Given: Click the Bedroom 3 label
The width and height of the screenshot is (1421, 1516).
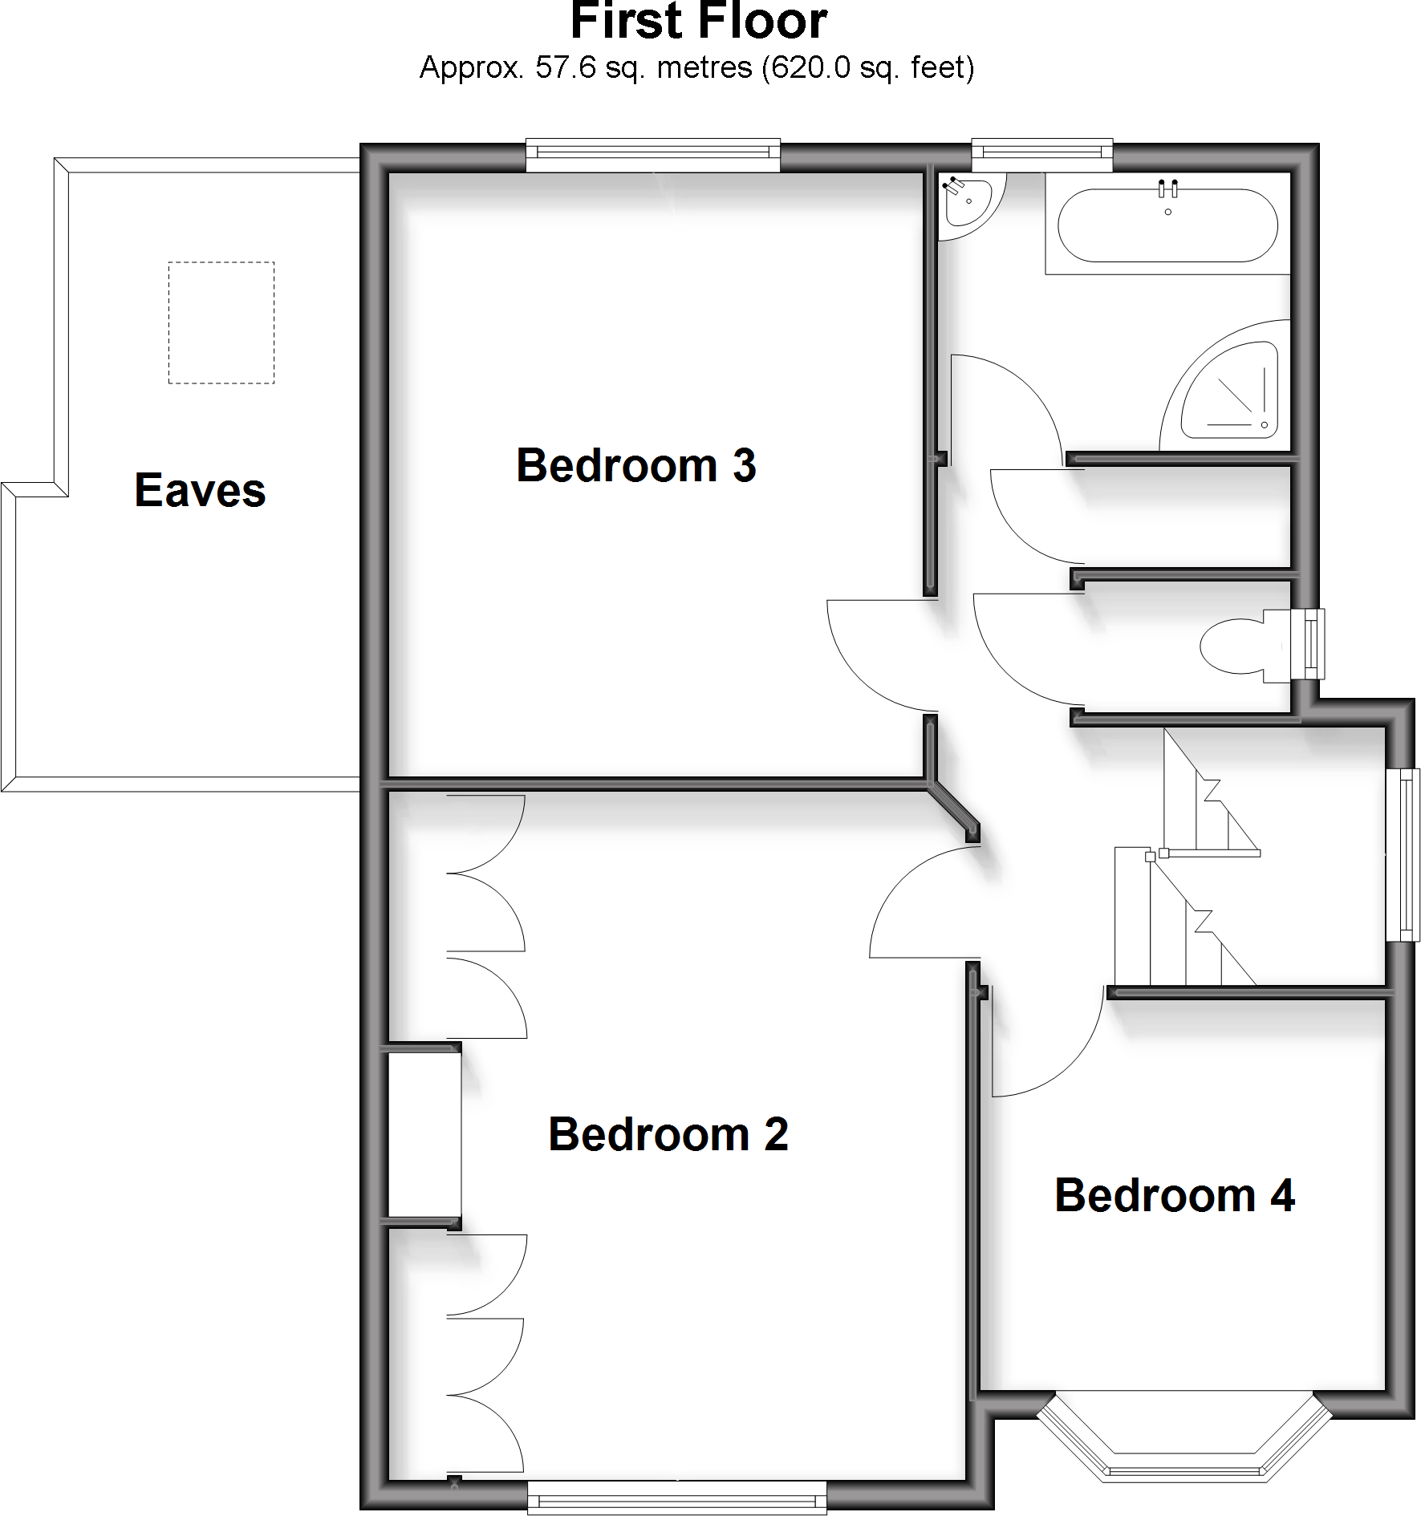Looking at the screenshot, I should tap(636, 466).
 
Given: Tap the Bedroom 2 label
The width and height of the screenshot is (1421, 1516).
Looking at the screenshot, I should tap(668, 1134).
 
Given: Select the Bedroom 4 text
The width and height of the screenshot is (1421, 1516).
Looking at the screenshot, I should tap(1174, 1195).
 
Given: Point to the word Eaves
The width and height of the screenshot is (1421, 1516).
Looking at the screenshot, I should tap(200, 490).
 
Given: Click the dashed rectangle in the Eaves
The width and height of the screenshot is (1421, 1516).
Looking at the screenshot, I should tap(221, 322).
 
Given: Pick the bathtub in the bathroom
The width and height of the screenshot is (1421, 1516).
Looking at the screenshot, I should tap(1167, 225).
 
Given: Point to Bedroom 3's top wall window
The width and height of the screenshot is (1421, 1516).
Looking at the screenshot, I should tap(652, 154).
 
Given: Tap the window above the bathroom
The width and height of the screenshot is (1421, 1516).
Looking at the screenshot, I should tap(1041, 154).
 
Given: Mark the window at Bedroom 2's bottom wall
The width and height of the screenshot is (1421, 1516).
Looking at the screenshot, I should tap(676, 1497).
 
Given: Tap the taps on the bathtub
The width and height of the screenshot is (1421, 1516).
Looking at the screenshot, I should tap(1167, 189).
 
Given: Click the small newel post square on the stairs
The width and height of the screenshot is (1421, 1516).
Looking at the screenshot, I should tap(1150, 857).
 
